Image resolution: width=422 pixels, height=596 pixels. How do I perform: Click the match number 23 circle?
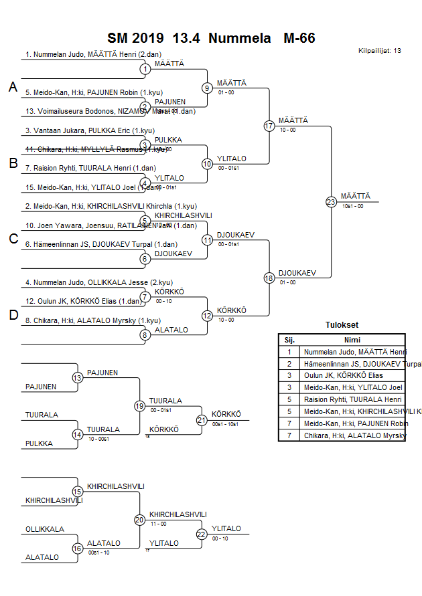[331, 201]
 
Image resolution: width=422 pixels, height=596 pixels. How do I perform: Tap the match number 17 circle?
[269, 126]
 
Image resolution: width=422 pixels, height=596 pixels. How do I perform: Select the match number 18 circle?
[269, 278]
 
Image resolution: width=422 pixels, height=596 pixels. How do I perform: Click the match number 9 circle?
[208, 88]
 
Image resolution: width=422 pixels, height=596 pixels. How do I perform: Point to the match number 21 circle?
[202, 420]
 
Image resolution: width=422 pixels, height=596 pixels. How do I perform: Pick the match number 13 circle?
[78, 378]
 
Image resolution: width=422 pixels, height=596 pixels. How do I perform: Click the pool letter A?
[13, 87]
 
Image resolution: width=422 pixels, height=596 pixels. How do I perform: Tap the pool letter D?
[13, 316]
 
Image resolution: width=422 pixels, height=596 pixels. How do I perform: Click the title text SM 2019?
[137, 38]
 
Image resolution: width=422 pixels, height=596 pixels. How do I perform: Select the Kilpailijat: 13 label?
[380, 51]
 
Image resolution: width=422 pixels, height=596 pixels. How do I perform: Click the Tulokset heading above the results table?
[342, 325]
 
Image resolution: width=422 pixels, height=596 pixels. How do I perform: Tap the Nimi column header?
[352, 340]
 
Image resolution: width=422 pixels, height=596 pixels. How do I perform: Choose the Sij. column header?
[289, 340]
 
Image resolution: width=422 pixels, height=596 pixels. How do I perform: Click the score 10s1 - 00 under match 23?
[352, 206]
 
